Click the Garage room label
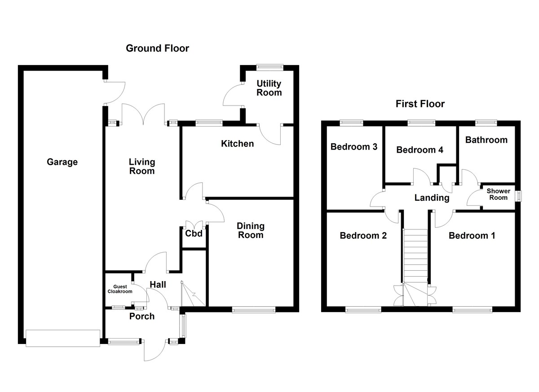pos(62,162)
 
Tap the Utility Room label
pos(269,88)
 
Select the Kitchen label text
pos(237,144)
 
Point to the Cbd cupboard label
pos(194,233)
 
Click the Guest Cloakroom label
pos(119,289)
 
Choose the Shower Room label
pos(498,194)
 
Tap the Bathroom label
pos(486,140)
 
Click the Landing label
pos(431,198)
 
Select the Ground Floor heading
pos(157,48)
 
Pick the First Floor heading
pos(420,104)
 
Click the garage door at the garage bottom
pos(62,338)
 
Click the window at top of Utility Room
pos(269,67)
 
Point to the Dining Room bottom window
pos(253,309)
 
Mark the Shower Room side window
pos(518,197)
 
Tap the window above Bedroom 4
pos(421,122)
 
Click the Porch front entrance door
pos(155,350)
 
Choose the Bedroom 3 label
pos(353,147)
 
